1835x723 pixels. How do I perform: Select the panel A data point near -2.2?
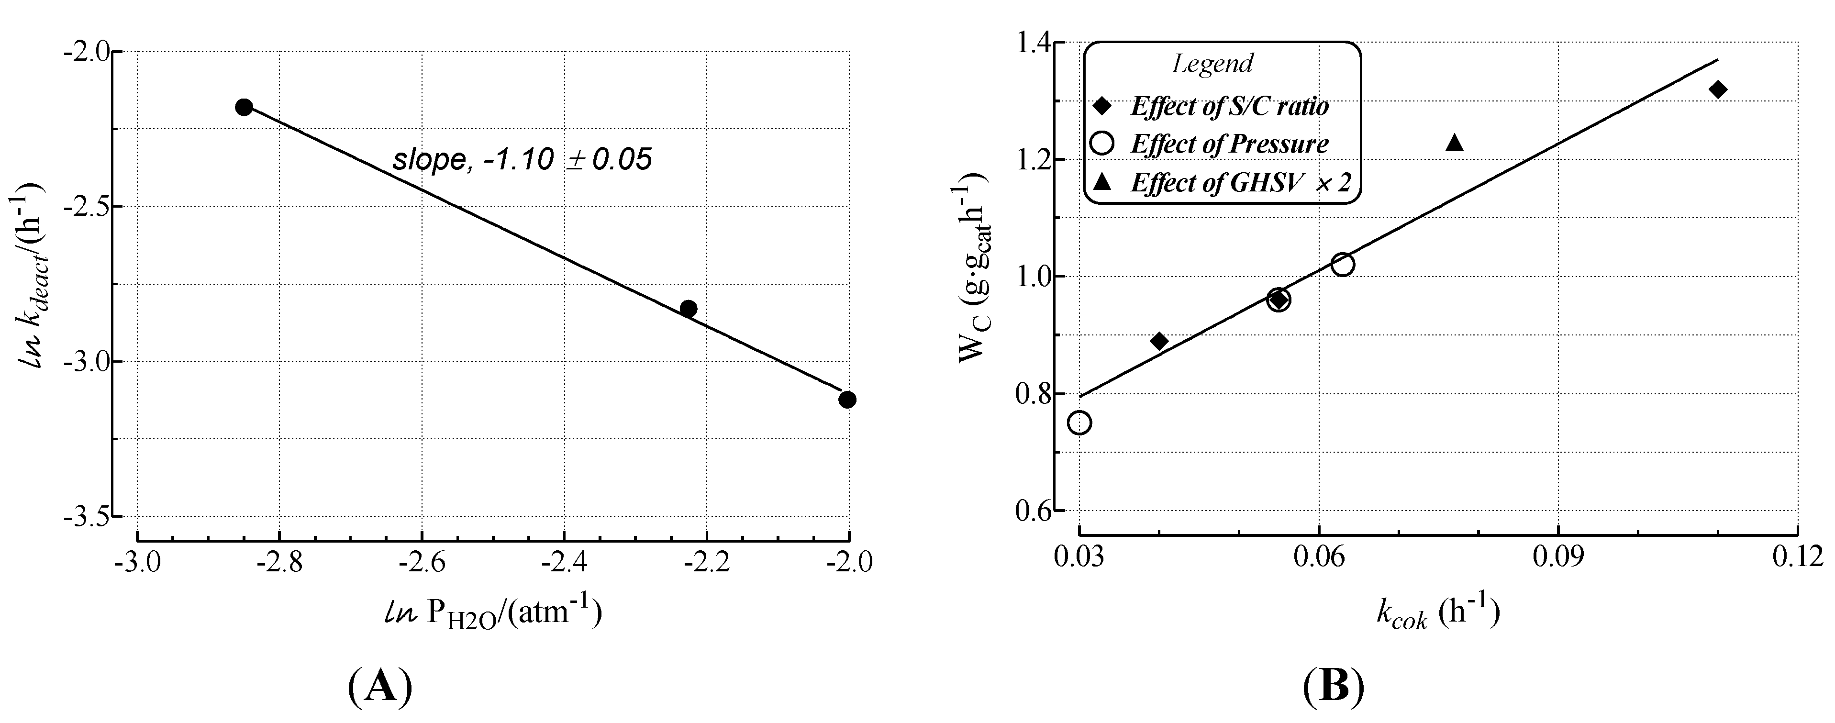coord(688,309)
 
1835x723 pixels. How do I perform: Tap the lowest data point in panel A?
coord(847,400)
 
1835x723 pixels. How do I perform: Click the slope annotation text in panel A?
coord(522,159)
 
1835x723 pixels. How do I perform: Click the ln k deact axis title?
coord(32,274)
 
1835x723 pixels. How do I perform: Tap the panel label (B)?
coord(1334,686)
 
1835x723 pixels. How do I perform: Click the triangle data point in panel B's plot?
coord(1455,143)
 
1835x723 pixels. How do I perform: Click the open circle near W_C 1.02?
coord(1342,264)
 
